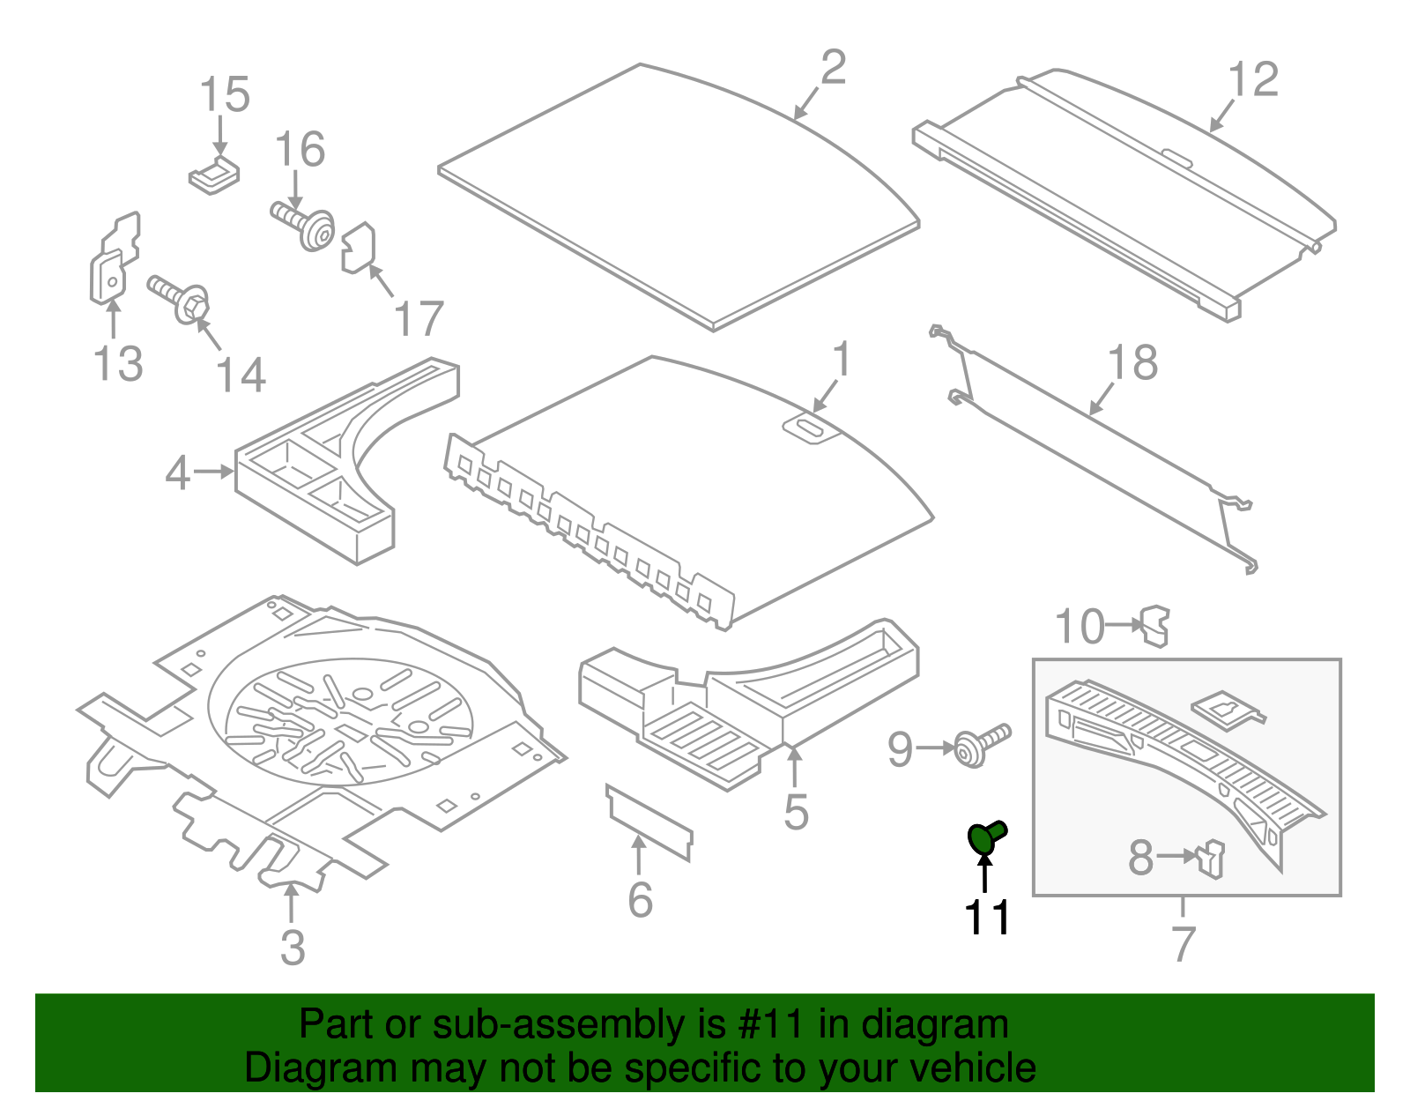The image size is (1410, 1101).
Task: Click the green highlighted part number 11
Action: [x=985, y=837]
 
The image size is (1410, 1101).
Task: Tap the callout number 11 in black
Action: [x=987, y=918]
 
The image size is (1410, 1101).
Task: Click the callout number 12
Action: [x=1252, y=80]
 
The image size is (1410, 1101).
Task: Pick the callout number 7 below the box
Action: [x=1184, y=943]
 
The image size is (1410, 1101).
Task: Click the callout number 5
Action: [x=796, y=812]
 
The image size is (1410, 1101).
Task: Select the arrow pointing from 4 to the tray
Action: [x=213, y=472]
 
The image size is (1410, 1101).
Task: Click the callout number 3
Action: [x=293, y=948]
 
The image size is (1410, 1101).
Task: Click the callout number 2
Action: [x=833, y=68]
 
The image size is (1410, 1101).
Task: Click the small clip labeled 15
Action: [x=214, y=175]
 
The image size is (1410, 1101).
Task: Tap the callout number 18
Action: [x=1132, y=362]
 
